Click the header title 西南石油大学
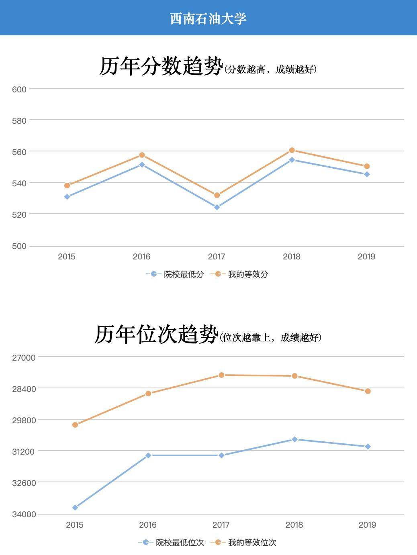pyautogui.click(x=208, y=18)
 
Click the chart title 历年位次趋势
pyautogui.click(x=156, y=335)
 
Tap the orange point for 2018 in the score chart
pyautogui.click(x=292, y=151)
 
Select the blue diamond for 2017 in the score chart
pyautogui.click(x=217, y=207)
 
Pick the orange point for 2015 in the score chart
pyautogui.click(x=67, y=186)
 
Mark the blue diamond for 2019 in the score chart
pyautogui.click(x=367, y=174)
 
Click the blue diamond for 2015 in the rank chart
pyautogui.click(x=75, y=508)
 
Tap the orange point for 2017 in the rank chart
pyautogui.click(x=221, y=375)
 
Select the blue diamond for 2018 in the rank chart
pyautogui.click(x=294, y=439)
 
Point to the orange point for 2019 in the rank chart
pyautogui.click(x=368, y=391)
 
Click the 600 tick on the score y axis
pyautogui.click(x=19, y=90)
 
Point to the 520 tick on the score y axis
pyautogui.click(x=19, y=215)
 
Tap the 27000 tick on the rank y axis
pyautogui.click(x=24, y=357)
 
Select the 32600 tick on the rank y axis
pyautogui.click(x=24, y=483)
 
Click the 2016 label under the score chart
pyautogui.click(x=141, y=257)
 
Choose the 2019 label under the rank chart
pyautogui.click(x=367, y=525)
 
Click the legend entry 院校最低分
pyautogui.click(x=184, y=274)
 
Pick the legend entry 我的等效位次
pyautogui.click(x=252, y=543)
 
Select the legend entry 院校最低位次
pyautogui.click(x=180, y=543)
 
